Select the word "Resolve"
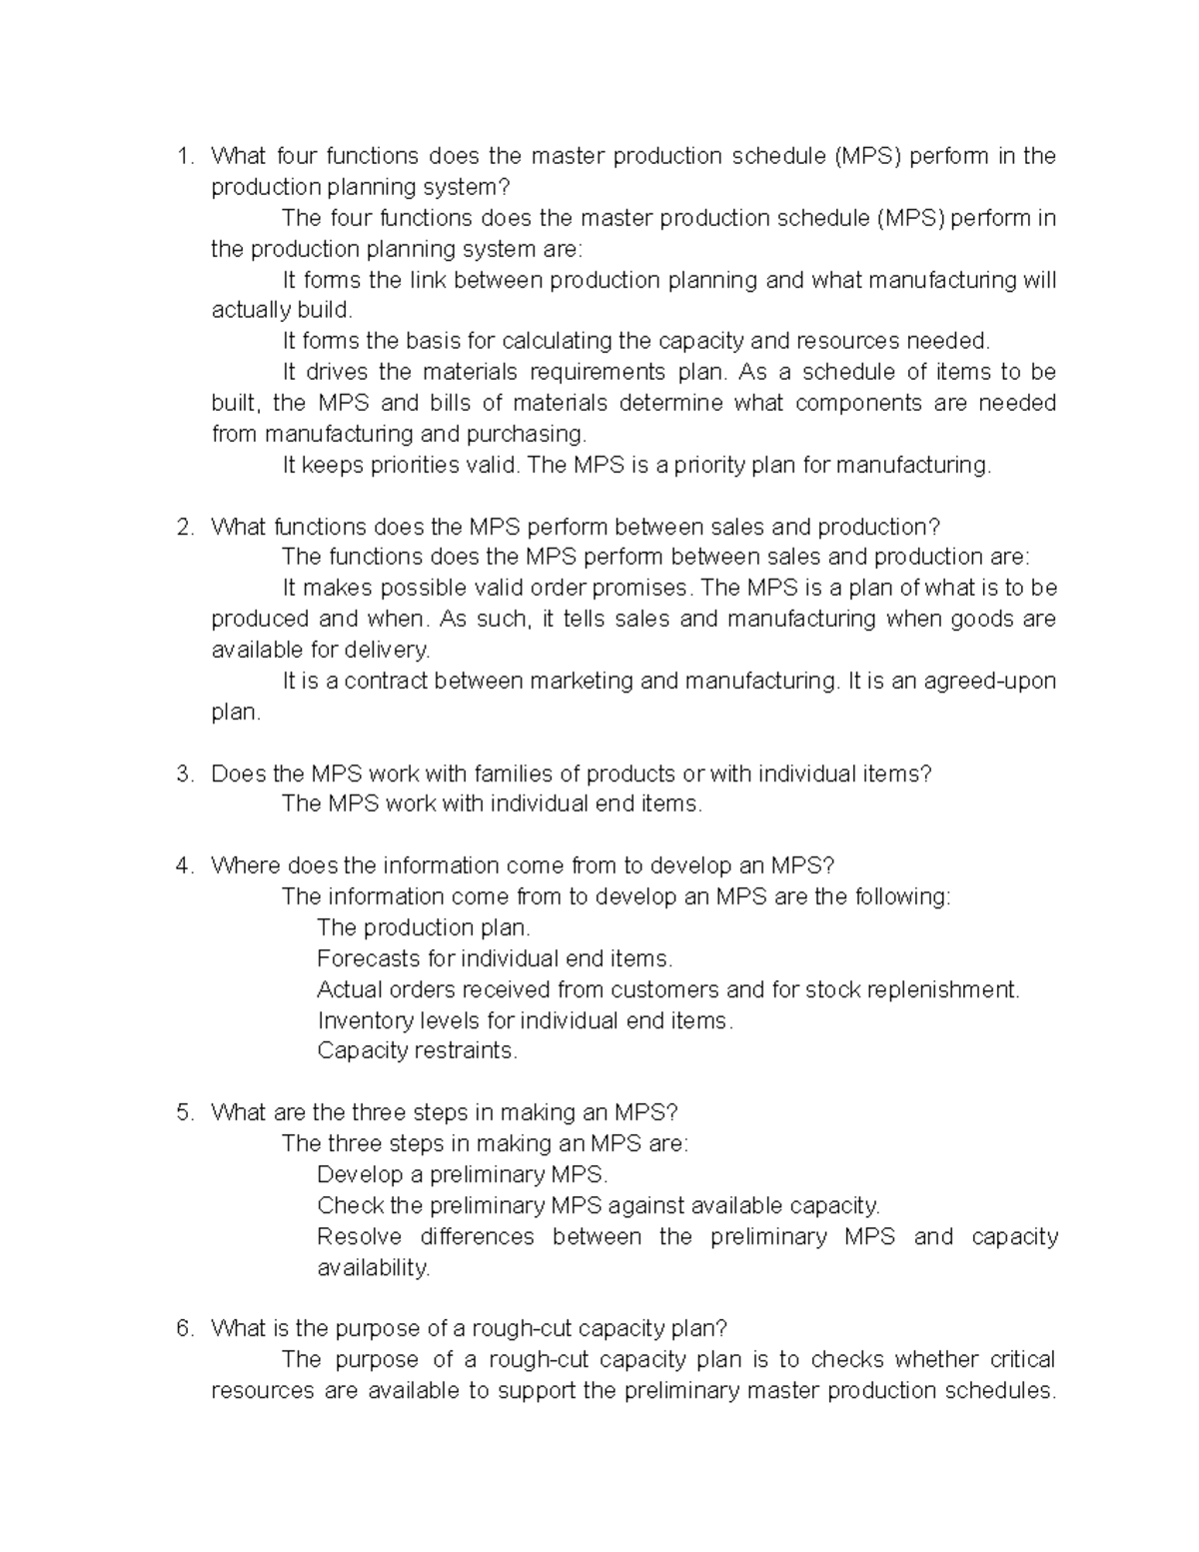(x=359, y=1236)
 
